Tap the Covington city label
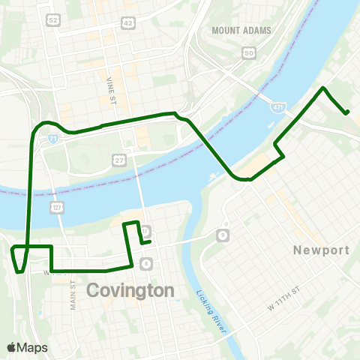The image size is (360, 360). (131, 290)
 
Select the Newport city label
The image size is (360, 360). (322, 250)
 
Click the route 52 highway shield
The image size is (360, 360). (52, 18)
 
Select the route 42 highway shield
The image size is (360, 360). (127, 23)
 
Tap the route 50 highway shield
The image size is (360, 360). (249, 52)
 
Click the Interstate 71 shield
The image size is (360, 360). (52, 139)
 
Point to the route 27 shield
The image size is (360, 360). (119, 160)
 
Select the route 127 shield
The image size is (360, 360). (56, 206)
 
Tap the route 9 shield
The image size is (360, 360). (223, 236)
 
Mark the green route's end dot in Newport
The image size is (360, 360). (346, 112)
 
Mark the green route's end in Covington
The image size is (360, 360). (149, 241)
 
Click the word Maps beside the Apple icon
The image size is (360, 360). (33, 347)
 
